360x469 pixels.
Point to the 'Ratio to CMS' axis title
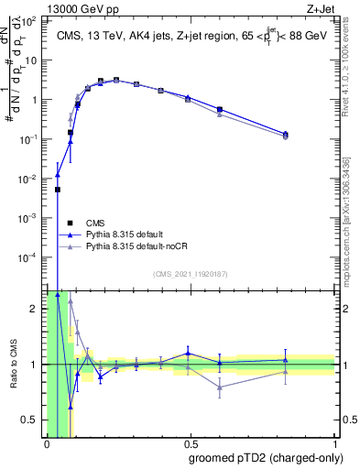tap(12, 365)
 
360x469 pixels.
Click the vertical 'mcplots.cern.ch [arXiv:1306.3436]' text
tap(351, 220)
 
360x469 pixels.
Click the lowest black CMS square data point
tap(58, 190)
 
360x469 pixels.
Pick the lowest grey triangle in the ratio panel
tap(220, 387)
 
